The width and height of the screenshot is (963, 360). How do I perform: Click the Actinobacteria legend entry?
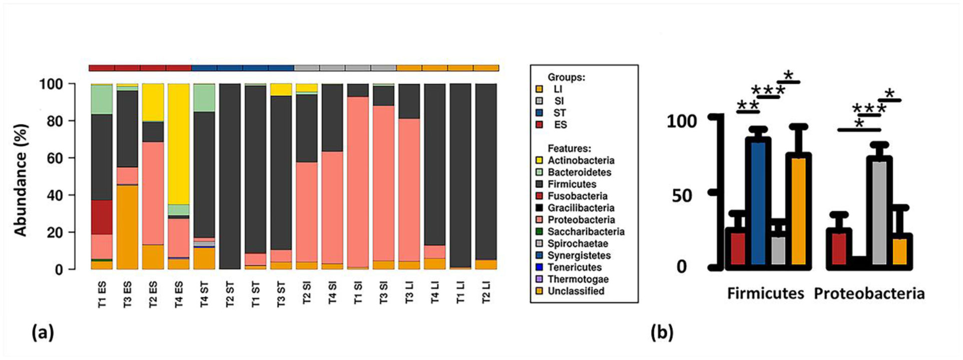pos(581,160)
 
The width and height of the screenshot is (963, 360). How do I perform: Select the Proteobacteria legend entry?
pos(581,220)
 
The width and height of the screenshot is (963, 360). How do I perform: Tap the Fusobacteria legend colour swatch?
pos(539,196)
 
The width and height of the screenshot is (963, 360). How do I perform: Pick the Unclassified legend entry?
pos(576,291)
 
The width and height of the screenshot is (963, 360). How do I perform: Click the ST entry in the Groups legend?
pos(559,113)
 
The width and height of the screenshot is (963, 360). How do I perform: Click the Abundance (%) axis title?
pos(21,179)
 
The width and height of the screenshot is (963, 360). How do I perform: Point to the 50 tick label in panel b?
pos(681,195)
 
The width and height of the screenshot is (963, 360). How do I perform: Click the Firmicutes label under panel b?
pos(765,293)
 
